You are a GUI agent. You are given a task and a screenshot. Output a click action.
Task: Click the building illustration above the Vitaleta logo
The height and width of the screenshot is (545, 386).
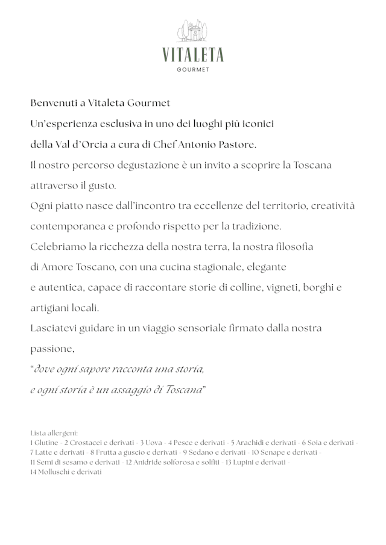(x=192, y=32)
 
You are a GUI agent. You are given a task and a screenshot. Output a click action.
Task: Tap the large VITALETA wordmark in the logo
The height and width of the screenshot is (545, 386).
(x=192, y=55)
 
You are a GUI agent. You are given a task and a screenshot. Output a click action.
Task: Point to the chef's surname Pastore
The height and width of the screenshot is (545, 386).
(x=236, y=145)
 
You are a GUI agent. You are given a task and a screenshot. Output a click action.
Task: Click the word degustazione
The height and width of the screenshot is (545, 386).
(x=138, y=165)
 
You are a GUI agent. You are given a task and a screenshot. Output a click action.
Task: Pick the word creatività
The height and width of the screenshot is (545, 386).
(x=334, y=206)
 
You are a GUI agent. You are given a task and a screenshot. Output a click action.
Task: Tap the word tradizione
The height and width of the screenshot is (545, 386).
(x=255, y=226)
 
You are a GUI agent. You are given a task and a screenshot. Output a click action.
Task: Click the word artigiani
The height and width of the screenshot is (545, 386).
(x=49, y=308)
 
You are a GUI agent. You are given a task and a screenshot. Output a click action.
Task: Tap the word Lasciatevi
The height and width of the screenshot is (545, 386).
(x=55, y=328)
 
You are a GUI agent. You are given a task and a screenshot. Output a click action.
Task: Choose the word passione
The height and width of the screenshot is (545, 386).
(x=52, y=349)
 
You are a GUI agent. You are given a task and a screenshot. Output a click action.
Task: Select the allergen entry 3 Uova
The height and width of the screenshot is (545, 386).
(x=151, y=443)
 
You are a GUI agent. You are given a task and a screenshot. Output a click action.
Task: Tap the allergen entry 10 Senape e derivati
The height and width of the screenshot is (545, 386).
(x=285, y=452)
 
